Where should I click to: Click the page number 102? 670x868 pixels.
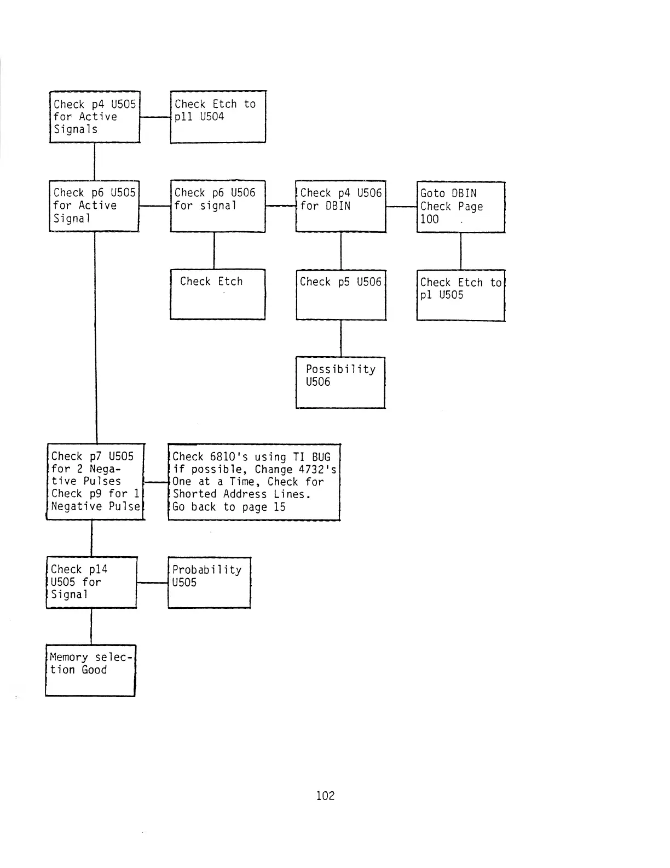(x=325, y=796)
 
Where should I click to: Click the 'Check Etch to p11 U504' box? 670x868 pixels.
(x=218, y=117)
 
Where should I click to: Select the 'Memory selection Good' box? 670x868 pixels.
(x=90, y=670)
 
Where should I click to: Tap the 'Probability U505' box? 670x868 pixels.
(x=209, y=583)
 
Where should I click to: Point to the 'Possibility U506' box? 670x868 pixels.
(x=340, y=382)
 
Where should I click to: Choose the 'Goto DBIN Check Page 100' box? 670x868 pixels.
(x=460, y=207)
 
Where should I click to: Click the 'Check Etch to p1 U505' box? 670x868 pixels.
(x=460, y=295)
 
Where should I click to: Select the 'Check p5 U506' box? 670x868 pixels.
(x=341, y=295)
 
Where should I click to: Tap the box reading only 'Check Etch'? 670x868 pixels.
(x=218, y=294)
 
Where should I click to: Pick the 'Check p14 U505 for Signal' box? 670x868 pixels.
(x=91, y=583)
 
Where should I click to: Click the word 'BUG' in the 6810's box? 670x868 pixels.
(x=321, y=457)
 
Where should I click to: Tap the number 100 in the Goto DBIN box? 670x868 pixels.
(x=429, y=219)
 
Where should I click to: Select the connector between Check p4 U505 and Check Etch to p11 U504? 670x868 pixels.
(x=155, y=117)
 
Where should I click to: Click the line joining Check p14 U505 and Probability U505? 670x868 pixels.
(x=152, y=583)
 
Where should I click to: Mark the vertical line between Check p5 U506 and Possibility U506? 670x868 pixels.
(x=340, y=339)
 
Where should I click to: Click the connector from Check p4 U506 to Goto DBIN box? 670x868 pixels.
(x=401, y=207)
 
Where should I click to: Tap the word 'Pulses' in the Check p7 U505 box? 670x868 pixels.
(x=102, y=481)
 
